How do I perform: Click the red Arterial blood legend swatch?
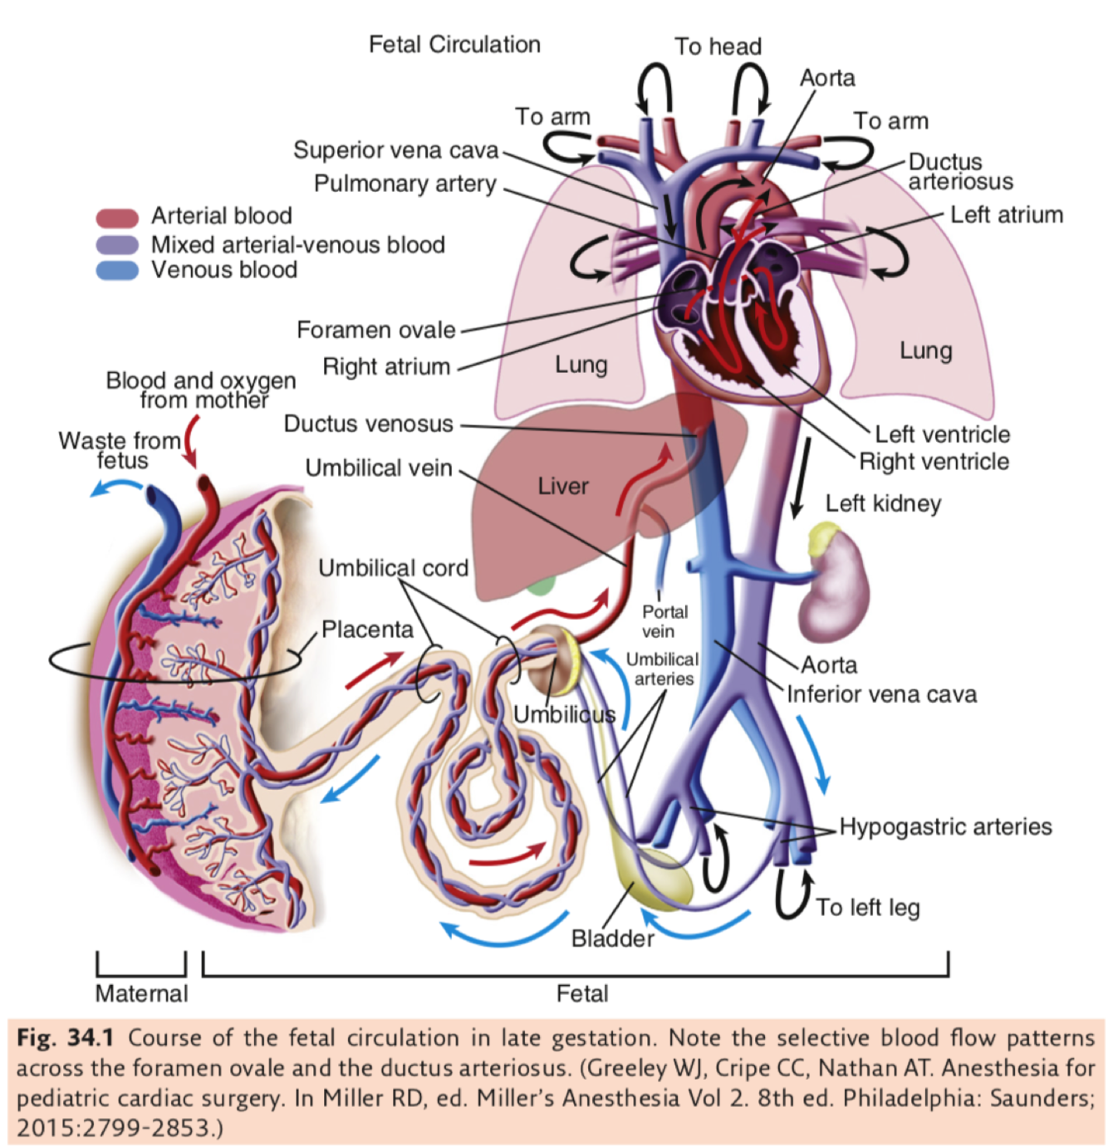116,218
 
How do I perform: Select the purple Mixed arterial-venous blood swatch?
116,245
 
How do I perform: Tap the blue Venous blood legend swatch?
116,271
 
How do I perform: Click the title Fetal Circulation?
454,45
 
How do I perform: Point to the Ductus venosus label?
368,424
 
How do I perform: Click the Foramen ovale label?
375,331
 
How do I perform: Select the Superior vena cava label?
395,150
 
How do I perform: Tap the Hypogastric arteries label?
945,827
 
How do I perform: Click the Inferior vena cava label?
881,694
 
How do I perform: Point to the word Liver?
562,487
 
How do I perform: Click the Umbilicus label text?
564,715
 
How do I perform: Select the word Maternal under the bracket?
141,993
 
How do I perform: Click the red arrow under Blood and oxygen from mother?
192,440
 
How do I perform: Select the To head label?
718,47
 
